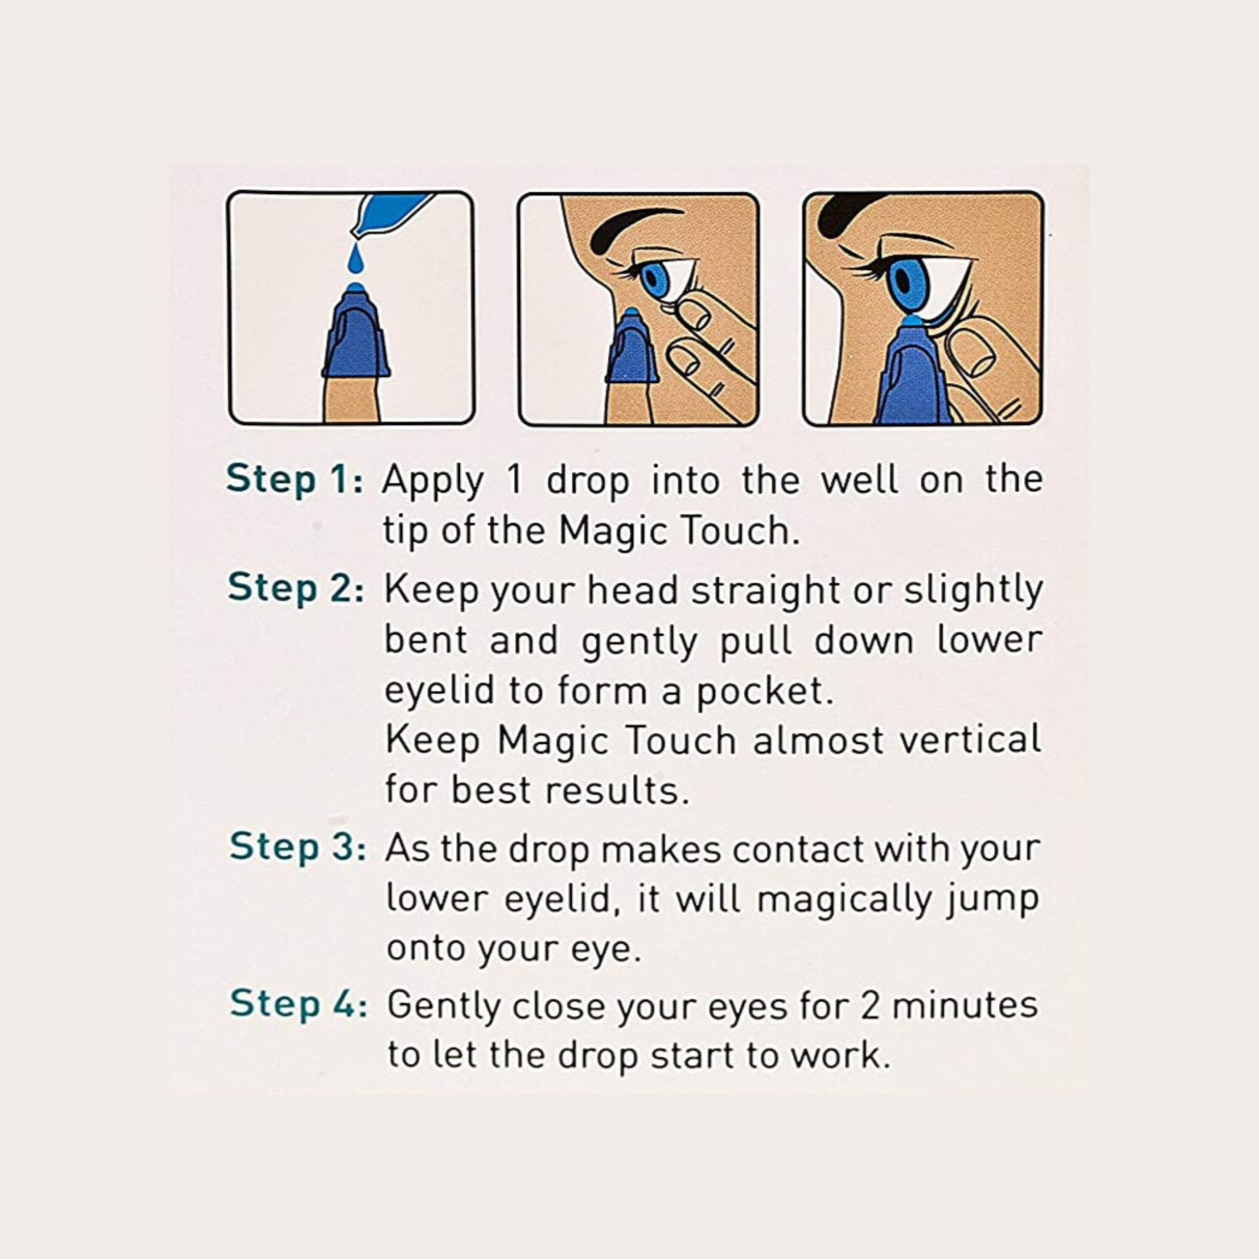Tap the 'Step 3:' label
click(x=298, y=847)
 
